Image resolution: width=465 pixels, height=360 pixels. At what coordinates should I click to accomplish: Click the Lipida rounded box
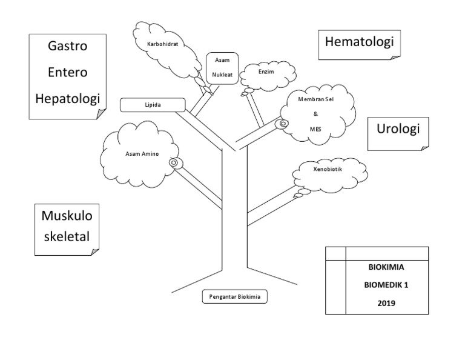coord(152,105)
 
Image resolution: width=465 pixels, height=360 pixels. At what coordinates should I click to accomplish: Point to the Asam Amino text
coord(142,153)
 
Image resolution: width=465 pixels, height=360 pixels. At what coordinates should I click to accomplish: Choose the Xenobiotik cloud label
coord(328,170)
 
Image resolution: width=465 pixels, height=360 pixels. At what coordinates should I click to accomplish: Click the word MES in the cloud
coord(315,128)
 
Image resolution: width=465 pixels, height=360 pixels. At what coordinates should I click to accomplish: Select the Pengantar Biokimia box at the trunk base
coord(234,297)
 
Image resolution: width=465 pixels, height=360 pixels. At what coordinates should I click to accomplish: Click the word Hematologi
coord(360,42)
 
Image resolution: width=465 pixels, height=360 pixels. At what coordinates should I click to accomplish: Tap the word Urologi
coord(398,129)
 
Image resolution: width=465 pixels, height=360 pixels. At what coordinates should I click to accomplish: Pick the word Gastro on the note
coord(67,47)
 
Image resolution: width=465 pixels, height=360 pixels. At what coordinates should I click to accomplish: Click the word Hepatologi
coord(67,98)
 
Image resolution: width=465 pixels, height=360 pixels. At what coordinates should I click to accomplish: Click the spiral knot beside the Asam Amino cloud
coord(174,162)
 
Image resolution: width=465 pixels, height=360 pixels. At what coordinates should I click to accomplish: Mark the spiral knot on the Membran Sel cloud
coord(283,124)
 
